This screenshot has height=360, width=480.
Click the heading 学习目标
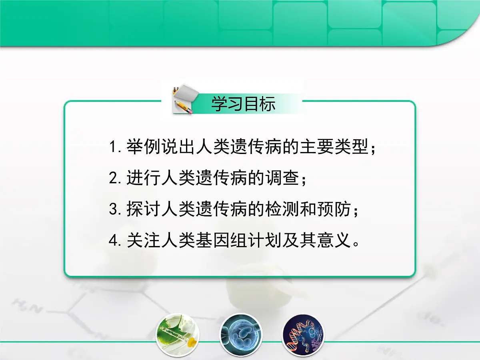pyautogui.click(x=243, y=104)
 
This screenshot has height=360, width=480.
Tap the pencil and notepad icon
pyautogui.click(x=183, y=100)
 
